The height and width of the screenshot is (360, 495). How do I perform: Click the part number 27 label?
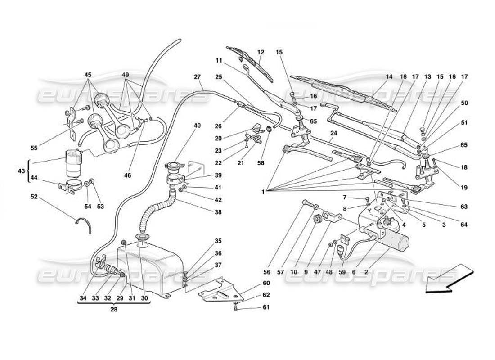pyautogui.click(x=197, y=77)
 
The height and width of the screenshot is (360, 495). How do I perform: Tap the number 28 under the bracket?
pyautogui.click(x=114, y=310)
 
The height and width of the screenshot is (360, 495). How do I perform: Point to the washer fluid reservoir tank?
pyautogui.click(x=148, y=265)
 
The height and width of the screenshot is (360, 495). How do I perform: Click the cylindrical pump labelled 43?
pyautogui.click(x=74, y=163)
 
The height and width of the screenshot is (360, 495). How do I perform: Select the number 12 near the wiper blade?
pyautogui.click(x=261, y=53)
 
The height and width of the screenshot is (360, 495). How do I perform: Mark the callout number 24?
pyautogui.click(x=333, y=133)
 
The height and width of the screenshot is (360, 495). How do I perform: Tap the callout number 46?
pyautogui.click(x=128, y=175)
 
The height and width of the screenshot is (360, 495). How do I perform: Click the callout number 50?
pyautogui.click(x=464, y=103)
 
